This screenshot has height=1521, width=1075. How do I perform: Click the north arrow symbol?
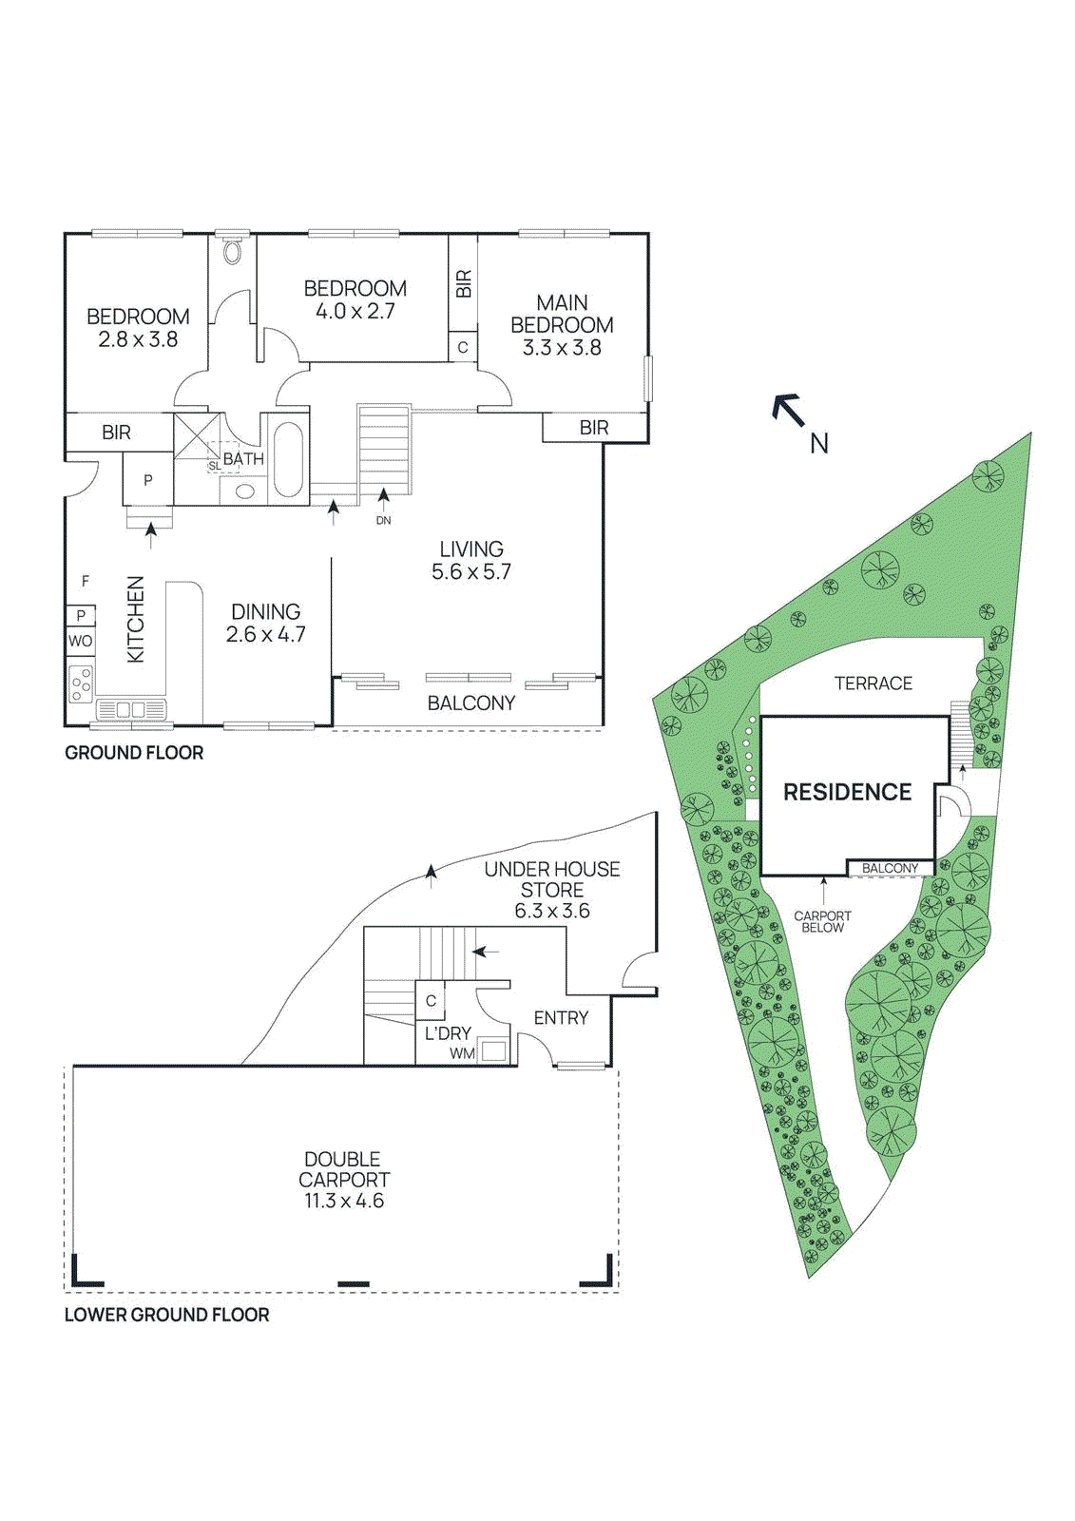pyautogui.click(x=788, y=410)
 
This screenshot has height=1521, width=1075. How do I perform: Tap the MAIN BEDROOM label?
pyautogui.click(x=562, y=314)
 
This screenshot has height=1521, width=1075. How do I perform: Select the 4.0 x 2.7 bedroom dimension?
pyautogui.click(x=355, y=312)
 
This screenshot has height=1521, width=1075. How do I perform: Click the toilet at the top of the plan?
pyautogui.click(x=233, y=252)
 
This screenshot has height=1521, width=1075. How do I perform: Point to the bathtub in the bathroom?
pyautogui.click(x=288, y=460)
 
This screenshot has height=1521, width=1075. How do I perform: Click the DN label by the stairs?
pyautogui.click(x=383, y=521)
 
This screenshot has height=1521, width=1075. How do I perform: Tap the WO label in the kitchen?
pyautogui.click(x=80, y=641)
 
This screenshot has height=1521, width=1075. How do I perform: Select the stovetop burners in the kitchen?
pyautogui.click(x=81, y=683)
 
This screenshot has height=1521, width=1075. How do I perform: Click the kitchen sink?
pyautogui.click(x=131, y=709)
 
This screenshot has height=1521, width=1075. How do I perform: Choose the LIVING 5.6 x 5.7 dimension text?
pyautogui.click(x=471, y=572)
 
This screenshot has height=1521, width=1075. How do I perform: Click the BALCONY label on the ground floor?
pyautogui.click(x=471, y=703)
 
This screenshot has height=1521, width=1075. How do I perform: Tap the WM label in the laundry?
pyautogui.click(x=462, y=1053)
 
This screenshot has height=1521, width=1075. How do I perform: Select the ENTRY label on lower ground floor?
pyautogui.click(x=561, y=1018)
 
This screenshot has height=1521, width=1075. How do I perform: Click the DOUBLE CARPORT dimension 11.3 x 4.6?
pyautogui.click(x=344, y=1202)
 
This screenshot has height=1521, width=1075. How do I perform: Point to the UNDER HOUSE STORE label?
pyautogui.click(x=552, y=879)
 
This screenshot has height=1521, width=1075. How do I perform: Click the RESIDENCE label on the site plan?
pyautogui.click(x=847, y=792)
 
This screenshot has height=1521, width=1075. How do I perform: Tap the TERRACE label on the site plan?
pyautogui.click(x=873, y=683)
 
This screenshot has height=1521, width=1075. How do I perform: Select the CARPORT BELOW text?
pyautogui.click(x=822, y=922)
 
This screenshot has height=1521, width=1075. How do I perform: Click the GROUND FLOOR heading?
pyautogui.click(x=134, y=753)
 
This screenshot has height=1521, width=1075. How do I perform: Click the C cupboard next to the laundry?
pyautogui.click(x=431, y=1001)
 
